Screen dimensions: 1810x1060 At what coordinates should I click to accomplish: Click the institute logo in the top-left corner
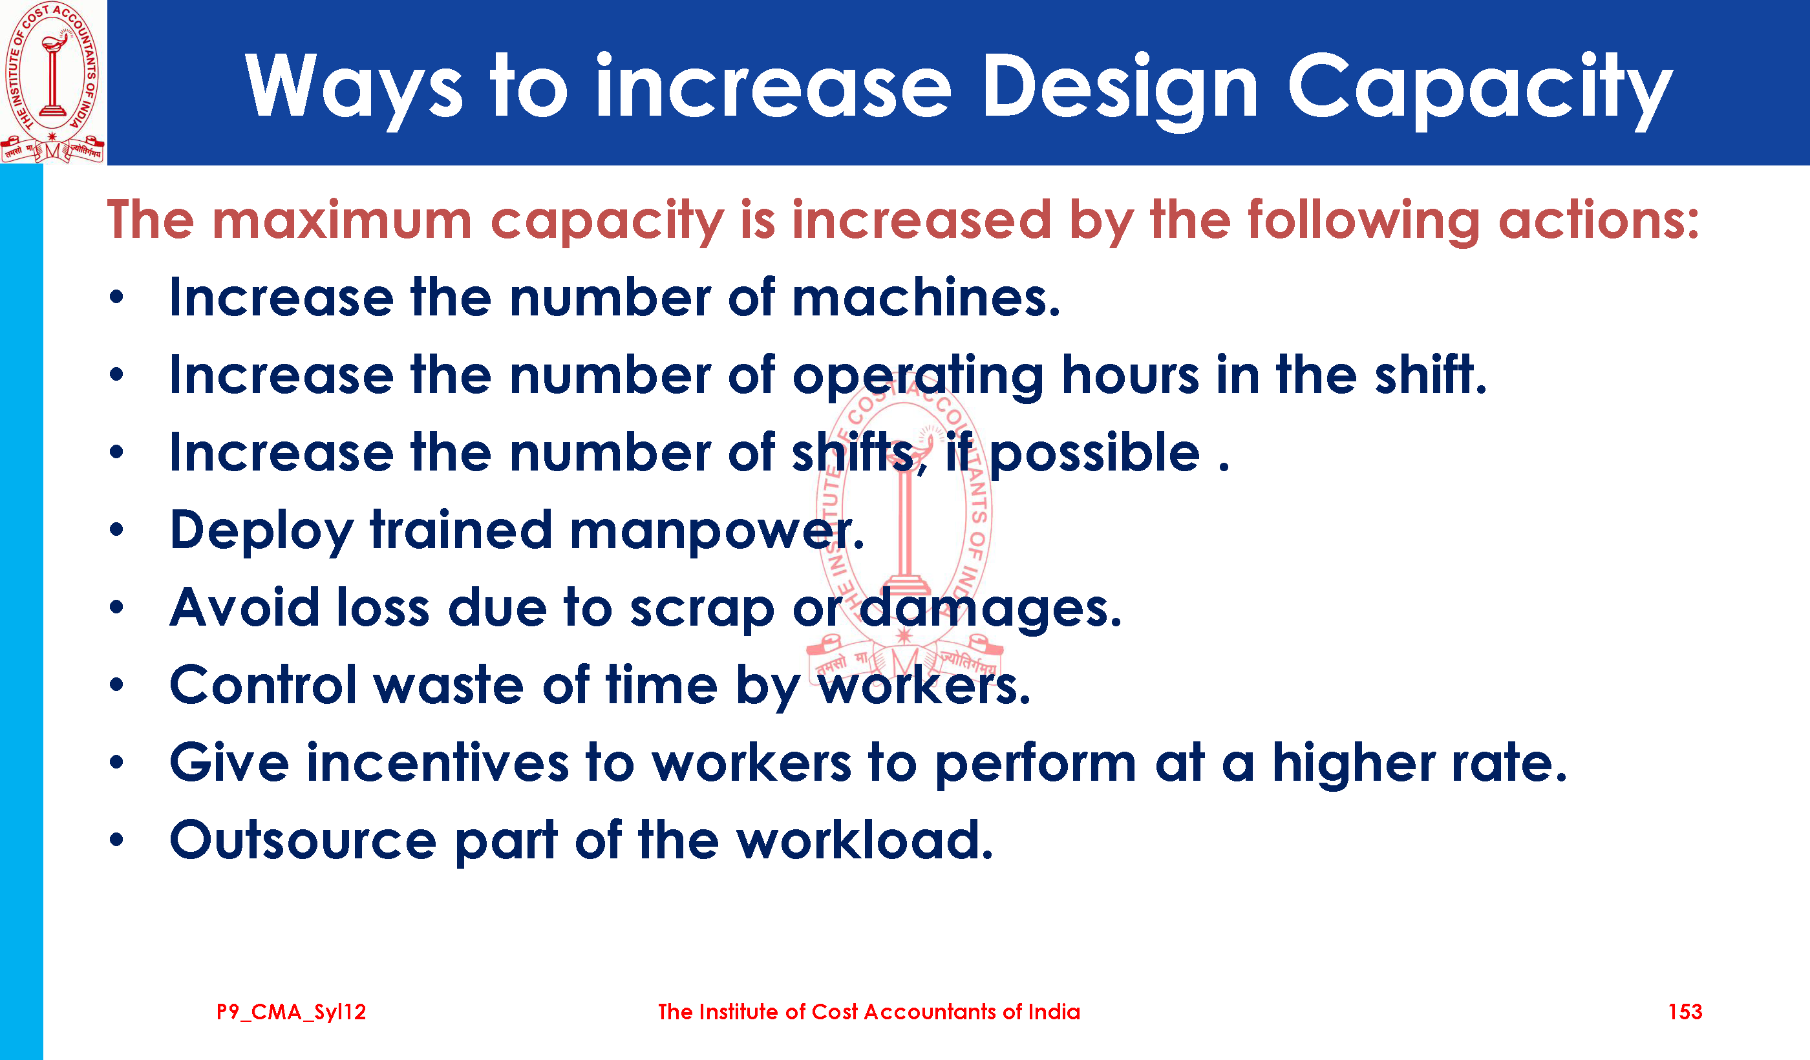click(53, 82)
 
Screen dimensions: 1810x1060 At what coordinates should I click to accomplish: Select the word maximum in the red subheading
click(342, 220)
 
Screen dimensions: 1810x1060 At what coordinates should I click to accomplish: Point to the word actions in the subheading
click(1598, 220)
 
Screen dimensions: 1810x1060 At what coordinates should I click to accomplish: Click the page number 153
click(1685, 1012)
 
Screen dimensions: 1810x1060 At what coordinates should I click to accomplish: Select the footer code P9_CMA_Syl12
click(292, 1013)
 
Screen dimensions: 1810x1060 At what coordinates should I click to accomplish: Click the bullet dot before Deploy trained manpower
click(117, 530)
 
